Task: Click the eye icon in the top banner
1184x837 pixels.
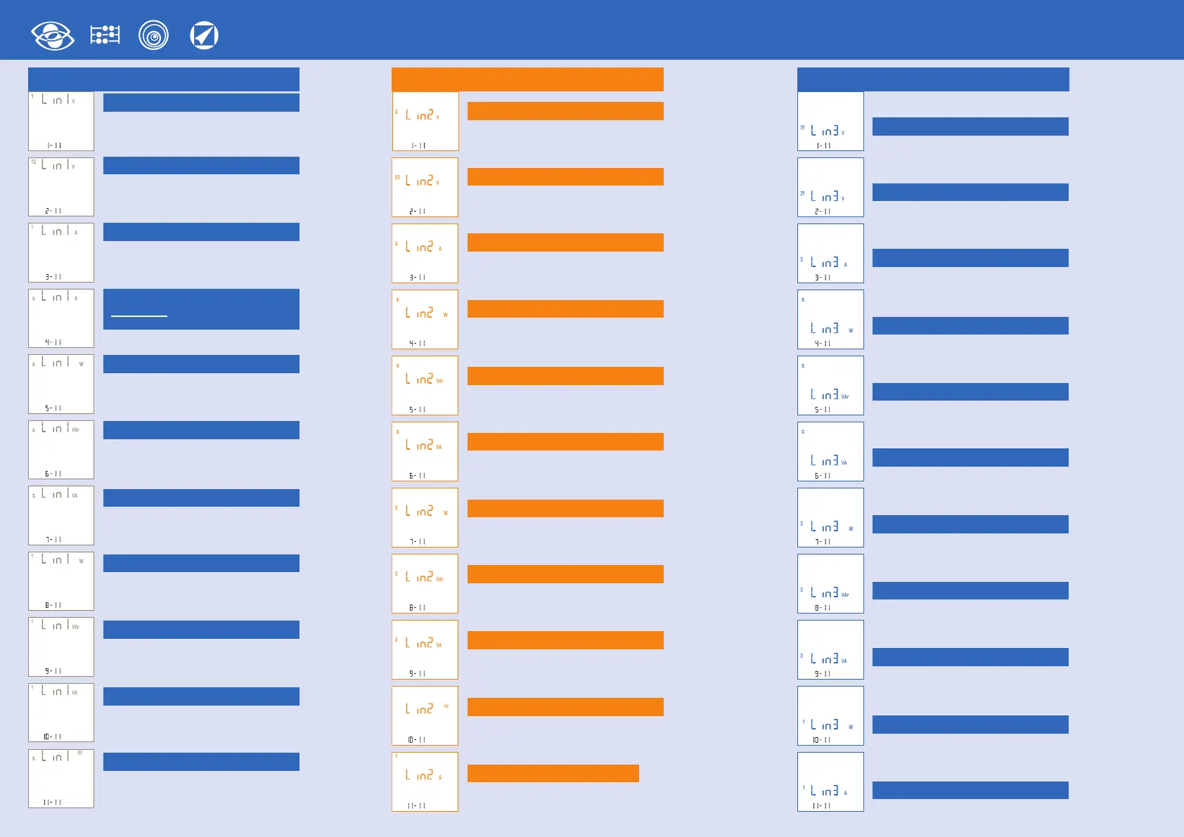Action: click(53, 36)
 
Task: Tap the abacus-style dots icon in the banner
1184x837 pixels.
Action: click(105, 35)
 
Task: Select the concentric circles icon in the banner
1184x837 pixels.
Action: click(153, 35)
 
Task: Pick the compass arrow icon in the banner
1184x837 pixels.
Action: click(204, 35)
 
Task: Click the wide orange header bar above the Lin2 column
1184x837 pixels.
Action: click(527, 79)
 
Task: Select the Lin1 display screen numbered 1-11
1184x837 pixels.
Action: click(61, 121)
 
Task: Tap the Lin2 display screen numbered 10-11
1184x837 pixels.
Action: click(425, 715)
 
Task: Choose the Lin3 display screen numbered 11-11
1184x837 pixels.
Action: click(830, 781)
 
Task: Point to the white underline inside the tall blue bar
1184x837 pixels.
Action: click(139, 316)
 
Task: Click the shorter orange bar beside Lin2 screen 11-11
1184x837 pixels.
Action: click(553, 773)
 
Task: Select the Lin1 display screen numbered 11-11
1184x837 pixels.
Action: click(61, 779)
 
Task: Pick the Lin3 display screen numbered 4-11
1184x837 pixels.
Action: click(830, 319)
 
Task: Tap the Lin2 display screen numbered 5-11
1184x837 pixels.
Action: click(425, 385)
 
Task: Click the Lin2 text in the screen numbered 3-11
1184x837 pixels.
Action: click(420, 247)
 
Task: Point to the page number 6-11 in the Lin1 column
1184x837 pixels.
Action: click(53, 474)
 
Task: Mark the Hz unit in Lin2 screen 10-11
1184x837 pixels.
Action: click(446, 706)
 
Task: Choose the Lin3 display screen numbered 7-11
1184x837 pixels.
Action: click(830, 517)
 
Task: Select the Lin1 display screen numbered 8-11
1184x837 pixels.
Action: click(61, 580)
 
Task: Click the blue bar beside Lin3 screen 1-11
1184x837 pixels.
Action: click(970, 126)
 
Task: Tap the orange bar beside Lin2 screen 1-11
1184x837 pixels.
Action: click(565, 111)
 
